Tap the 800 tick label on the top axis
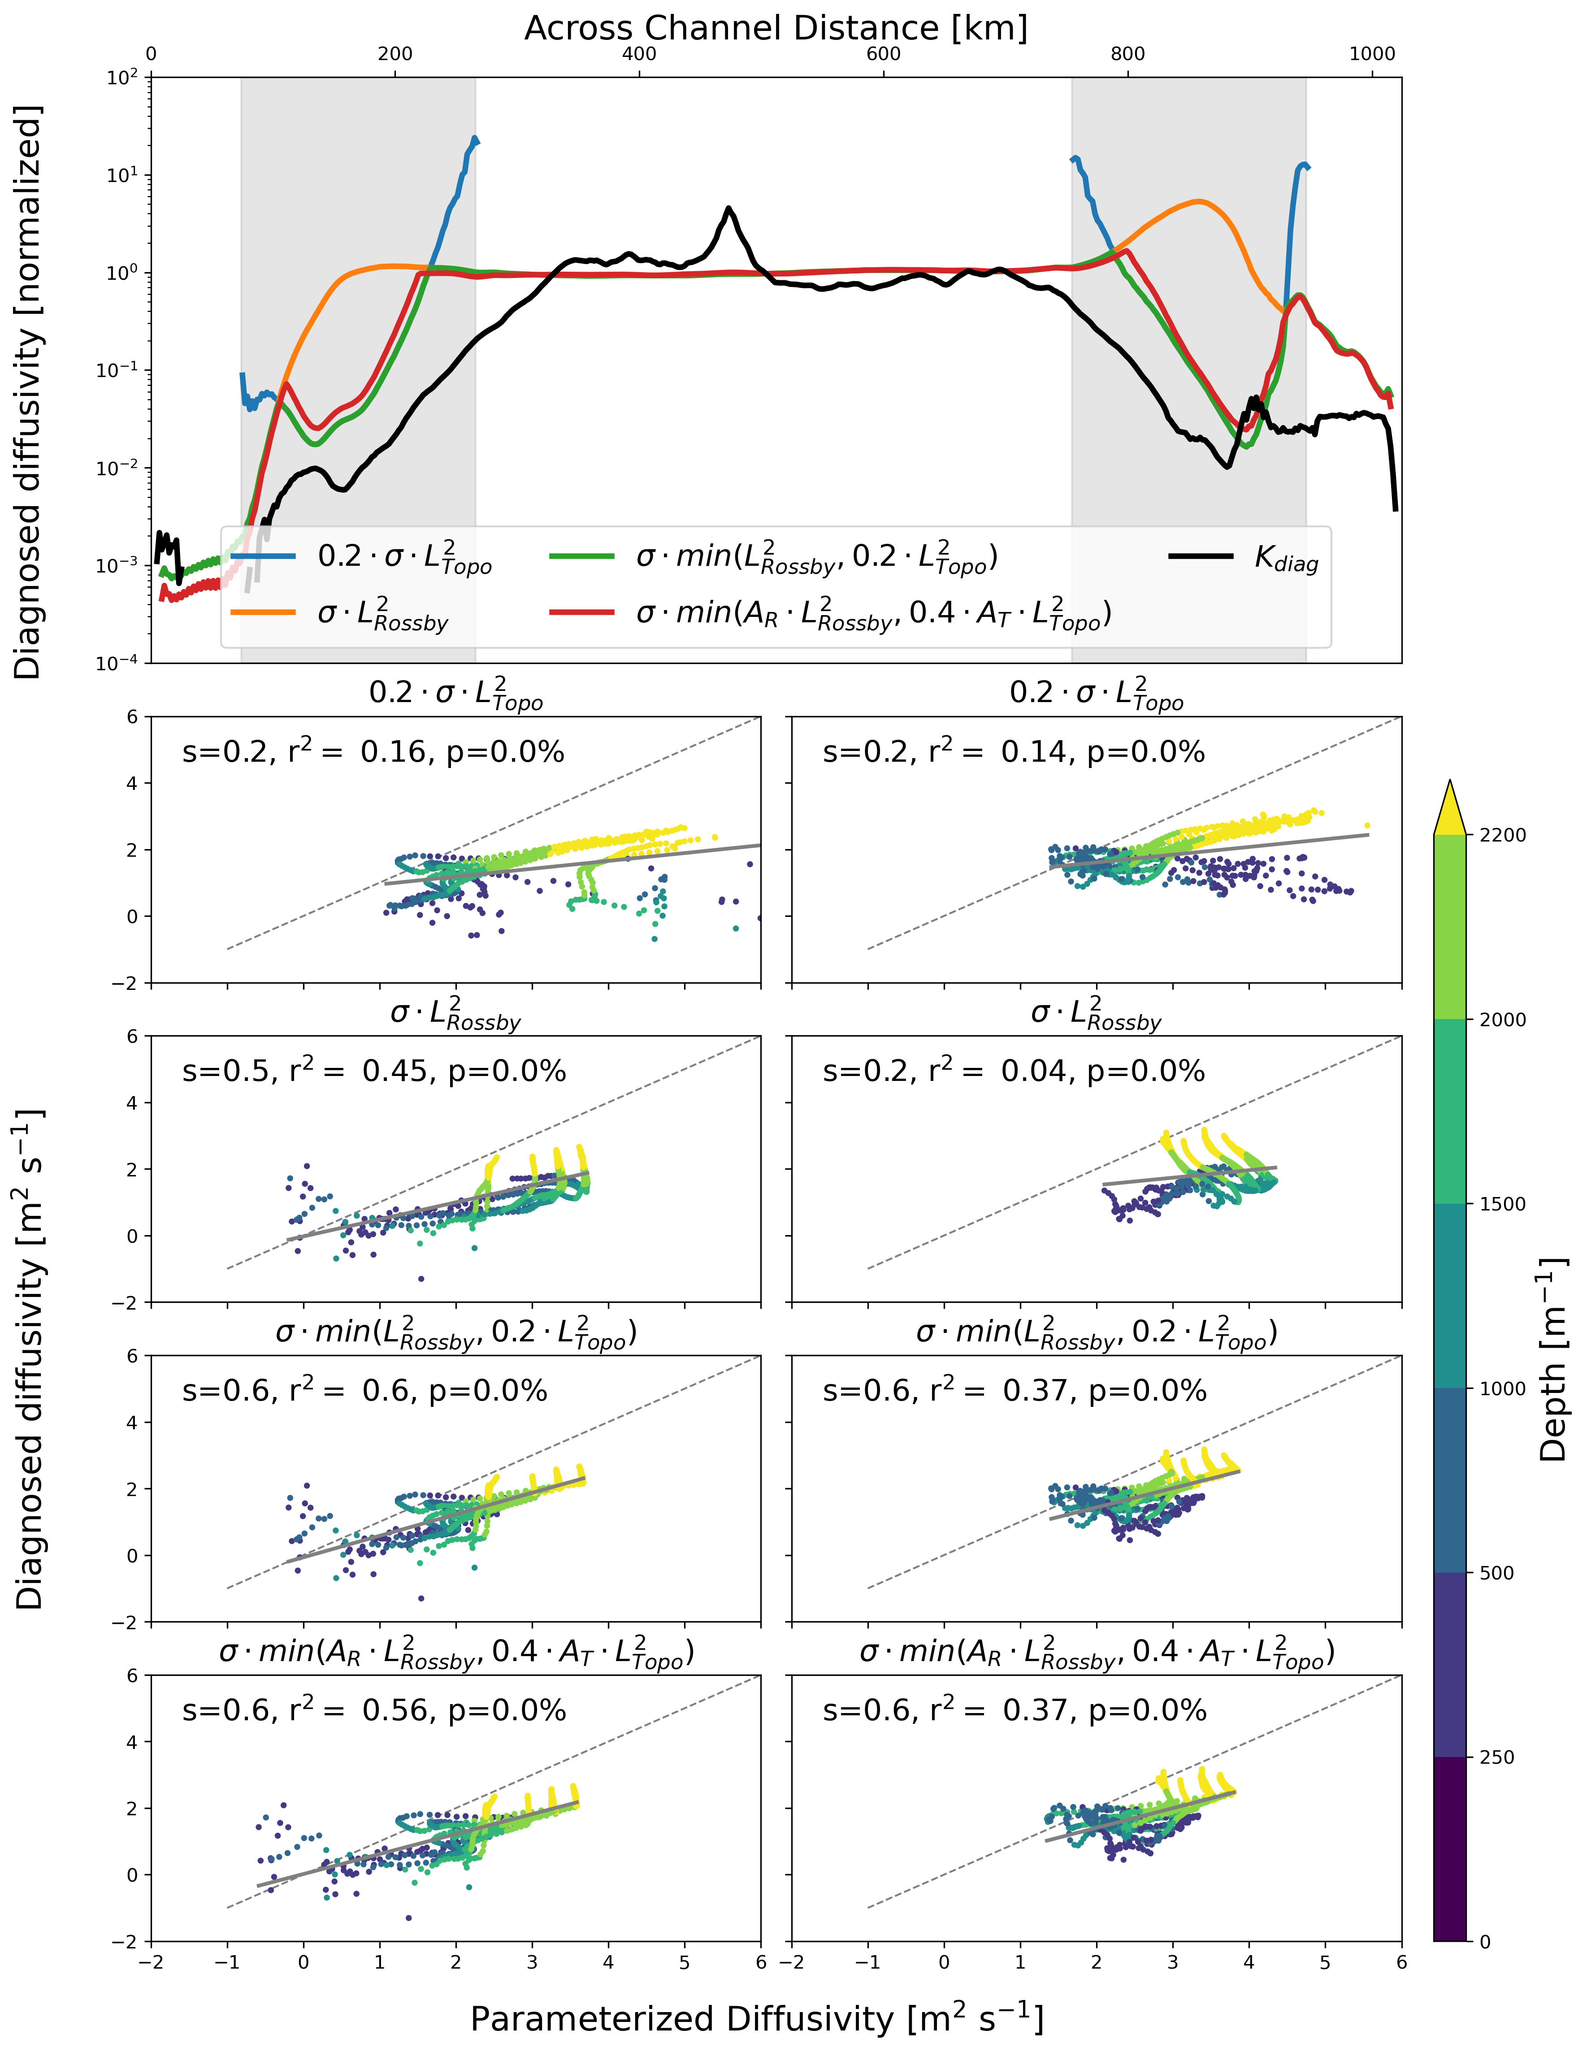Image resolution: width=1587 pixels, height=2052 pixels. [1127, 53]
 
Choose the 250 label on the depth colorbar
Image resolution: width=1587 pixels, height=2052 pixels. [1497, 1757]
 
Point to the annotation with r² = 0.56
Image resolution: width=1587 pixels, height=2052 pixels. [374, 1710]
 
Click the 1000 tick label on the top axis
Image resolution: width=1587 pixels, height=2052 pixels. [1372, 53]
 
